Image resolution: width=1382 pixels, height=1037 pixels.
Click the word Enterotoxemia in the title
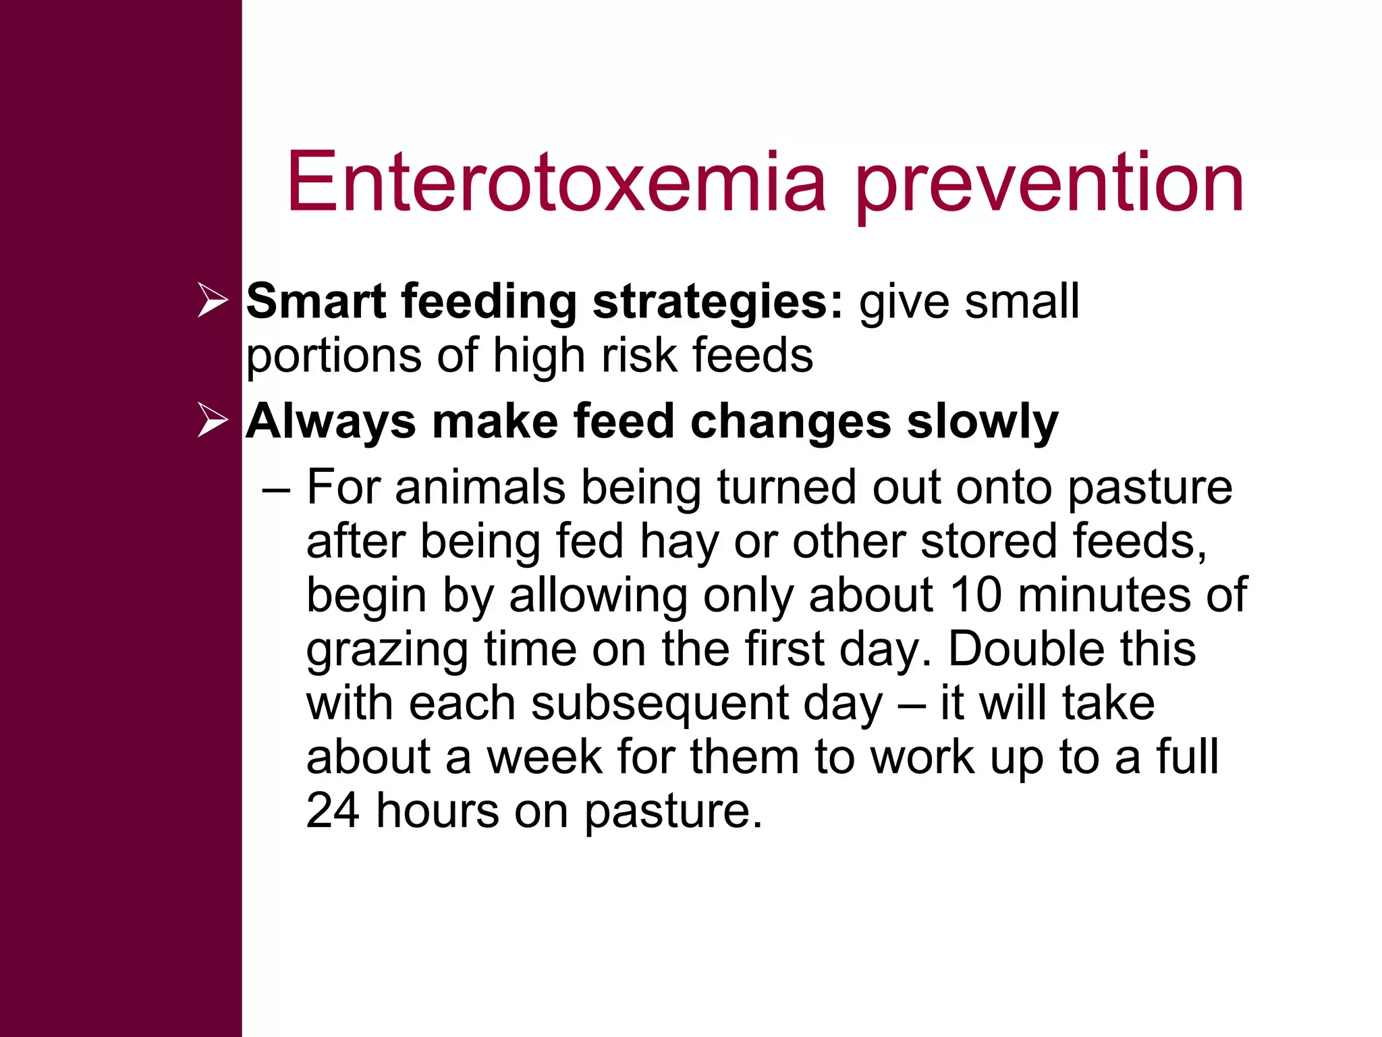[x=556, y=182]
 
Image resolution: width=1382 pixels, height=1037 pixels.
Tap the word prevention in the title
[x=1049, y=186]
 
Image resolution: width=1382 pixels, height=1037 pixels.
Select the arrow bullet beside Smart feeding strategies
[x=213, y=300]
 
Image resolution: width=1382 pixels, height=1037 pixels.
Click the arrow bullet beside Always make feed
[x=213, y=421]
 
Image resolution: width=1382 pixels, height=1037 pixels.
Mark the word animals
[x=480, y=487]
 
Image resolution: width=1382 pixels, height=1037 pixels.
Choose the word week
[x=544, y=757]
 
